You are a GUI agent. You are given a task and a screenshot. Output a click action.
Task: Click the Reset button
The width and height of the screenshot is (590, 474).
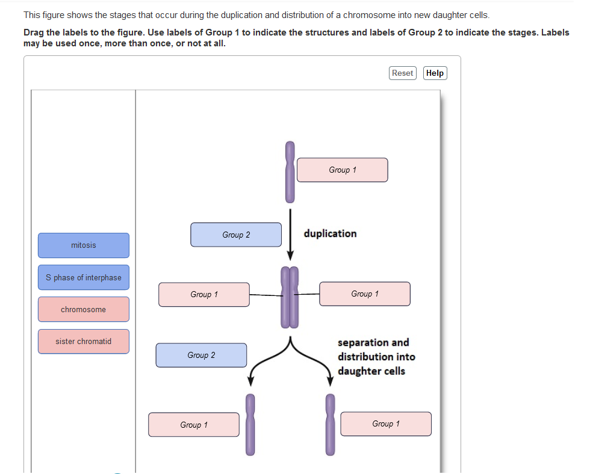(402, 73)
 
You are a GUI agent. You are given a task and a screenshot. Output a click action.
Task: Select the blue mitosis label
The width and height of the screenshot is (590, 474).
(84, 245)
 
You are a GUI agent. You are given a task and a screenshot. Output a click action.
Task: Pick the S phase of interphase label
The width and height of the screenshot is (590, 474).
(84, 277)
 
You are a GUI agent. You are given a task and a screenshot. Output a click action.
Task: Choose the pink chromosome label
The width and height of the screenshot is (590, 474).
(84, 309)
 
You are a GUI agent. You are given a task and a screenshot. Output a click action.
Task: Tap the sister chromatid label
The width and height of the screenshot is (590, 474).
(84, 341)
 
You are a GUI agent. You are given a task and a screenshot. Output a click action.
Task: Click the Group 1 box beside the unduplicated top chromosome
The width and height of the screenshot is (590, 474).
(342, 170)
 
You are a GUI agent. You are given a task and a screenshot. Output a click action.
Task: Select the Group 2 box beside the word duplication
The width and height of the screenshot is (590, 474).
(236, 235)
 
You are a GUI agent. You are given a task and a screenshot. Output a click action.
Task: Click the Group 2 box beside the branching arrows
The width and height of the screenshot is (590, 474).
(201, 355)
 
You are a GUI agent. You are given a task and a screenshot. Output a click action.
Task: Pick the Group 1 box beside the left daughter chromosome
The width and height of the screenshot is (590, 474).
(194, 425)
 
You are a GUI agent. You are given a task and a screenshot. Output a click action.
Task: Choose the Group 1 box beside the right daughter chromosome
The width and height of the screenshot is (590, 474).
(386, 424)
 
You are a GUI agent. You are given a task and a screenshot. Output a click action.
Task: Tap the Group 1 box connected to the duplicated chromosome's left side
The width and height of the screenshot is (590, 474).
(204, 295)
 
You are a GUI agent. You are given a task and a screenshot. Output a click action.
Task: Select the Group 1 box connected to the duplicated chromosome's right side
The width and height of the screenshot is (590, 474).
(365, 294)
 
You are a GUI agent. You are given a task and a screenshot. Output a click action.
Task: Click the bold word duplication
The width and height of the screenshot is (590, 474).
(330, 233)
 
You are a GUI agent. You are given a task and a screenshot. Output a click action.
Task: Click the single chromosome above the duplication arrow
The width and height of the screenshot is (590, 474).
(290, 172)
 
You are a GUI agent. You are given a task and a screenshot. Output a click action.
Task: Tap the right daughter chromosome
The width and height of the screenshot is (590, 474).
(330, 424)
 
